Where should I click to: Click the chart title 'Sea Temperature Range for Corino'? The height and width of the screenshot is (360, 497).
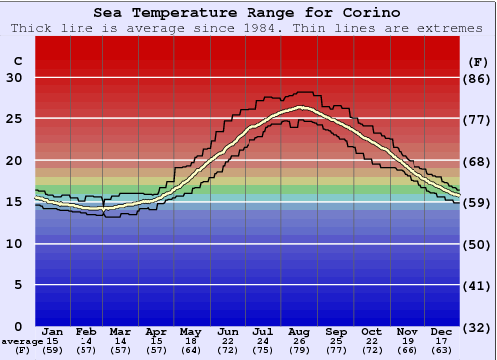[x=248, y=13]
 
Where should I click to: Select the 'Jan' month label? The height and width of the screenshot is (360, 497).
[x=53, y=331]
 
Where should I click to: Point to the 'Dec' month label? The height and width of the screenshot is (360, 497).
[x=442, y=331]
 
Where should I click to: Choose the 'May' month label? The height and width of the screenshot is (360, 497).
[x=191, y=331]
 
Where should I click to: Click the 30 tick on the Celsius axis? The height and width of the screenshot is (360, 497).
[x=15, y=78]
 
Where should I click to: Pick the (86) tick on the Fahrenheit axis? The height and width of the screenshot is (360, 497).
[x=478, y=78]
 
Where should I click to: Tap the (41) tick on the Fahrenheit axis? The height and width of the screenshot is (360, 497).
[x=478, y=285]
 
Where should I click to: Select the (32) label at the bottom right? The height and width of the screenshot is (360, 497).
[x=478, y=327]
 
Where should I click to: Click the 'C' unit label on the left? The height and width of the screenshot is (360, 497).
[x=17, y=61]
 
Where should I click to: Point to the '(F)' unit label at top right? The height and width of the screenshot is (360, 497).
[x=477, y=61]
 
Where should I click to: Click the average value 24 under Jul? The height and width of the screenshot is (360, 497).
[x=264, y=341]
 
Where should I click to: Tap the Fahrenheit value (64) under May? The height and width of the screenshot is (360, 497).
[x=191, y=350]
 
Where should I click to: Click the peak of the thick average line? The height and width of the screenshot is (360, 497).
[x=300, y=107]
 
